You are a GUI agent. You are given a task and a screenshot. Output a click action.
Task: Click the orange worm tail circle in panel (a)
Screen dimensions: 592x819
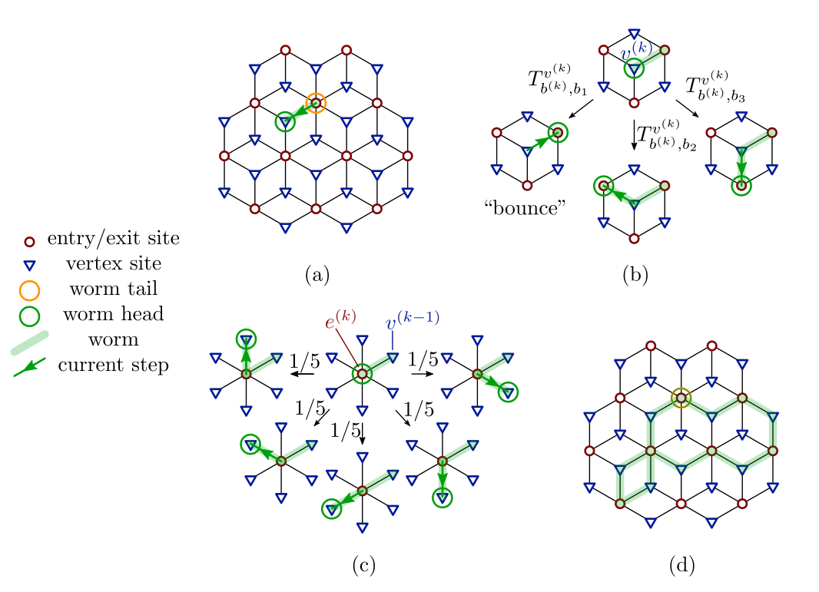(x=316, y=103)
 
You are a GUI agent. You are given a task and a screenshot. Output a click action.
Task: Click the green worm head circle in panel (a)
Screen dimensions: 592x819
(x=285, y=121)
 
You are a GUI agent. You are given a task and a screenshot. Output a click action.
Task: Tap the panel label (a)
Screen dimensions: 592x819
(x=317, y=274)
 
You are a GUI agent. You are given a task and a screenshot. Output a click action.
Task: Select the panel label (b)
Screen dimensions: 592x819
(x=635, y=274)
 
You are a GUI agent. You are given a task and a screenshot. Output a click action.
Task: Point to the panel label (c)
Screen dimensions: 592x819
(x=363, y=566)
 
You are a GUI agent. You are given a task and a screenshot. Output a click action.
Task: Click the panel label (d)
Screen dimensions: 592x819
(x=681, y=566)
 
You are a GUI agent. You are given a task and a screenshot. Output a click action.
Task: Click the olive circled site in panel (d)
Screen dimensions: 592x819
(x=681, y=398)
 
